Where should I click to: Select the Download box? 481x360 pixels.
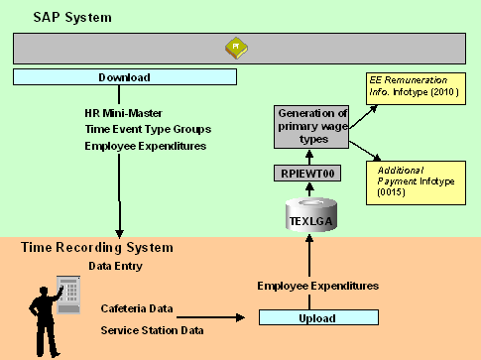tap(125, 77)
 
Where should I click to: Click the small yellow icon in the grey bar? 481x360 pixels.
tap(234, 47)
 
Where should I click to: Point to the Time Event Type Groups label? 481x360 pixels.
tap(148, 128)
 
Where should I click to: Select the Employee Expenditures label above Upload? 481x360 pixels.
tap(317, 286)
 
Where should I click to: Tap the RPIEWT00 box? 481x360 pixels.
tap(314, 174)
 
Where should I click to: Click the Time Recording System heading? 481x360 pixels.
tap(96, 247)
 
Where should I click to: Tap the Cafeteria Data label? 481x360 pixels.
tap(140, 308)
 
